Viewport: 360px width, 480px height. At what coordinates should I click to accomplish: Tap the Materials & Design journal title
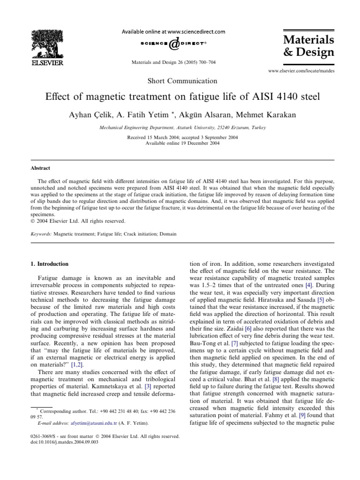coord(308,45)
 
